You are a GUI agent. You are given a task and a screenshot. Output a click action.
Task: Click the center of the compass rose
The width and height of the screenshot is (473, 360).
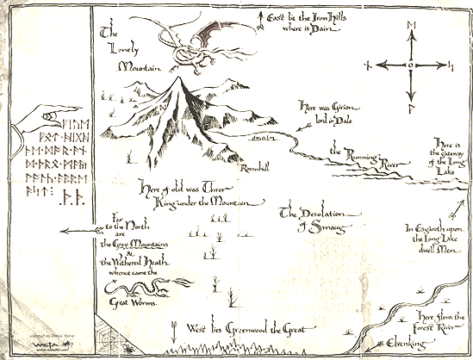pyautogui.click(x=412, y=65)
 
